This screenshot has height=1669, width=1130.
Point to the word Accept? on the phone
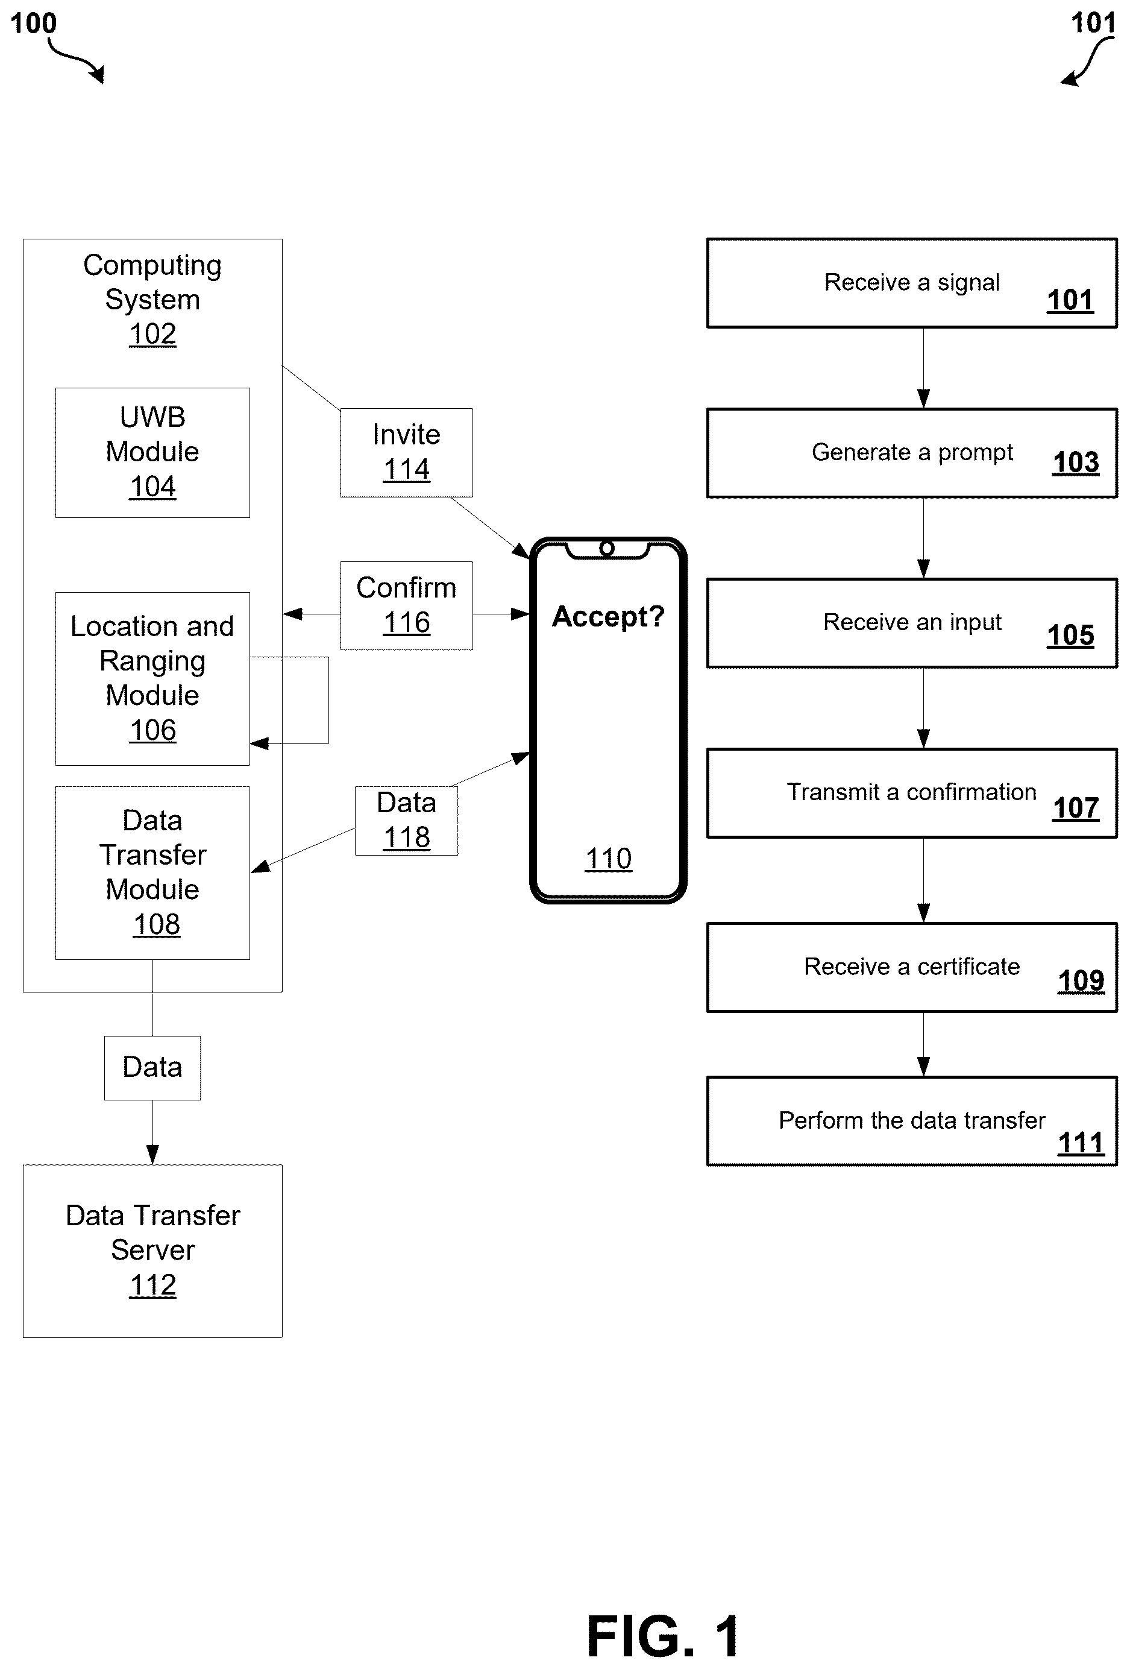coord(608,617)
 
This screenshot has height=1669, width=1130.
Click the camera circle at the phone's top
coord(607,549)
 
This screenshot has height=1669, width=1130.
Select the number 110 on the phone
coord(608,859)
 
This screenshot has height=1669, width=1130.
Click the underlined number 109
coord(1081,981)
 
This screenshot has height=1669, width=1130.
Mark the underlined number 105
coord(1070,636)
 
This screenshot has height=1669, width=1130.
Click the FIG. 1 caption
coord(663,1636)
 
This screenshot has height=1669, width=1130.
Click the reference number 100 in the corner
coord(33,23)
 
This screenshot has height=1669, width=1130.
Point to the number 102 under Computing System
coord(152,335)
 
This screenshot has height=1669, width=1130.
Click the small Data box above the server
coord(152,1068)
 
